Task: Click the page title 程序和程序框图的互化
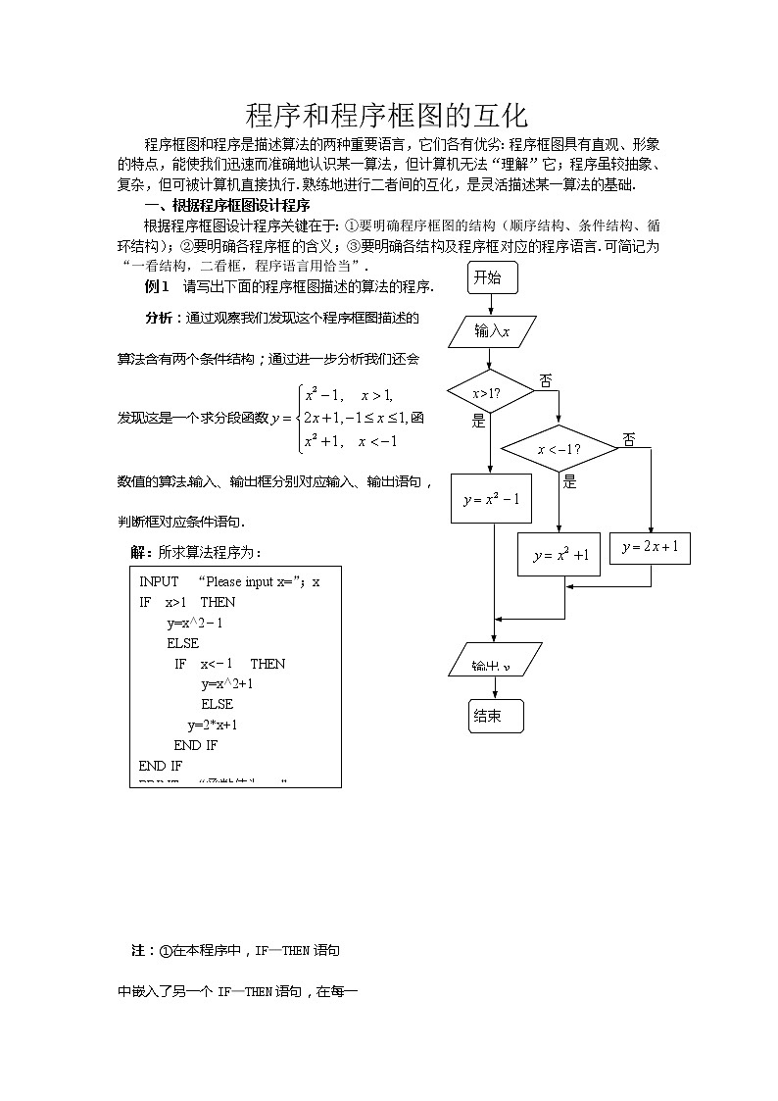pyautogui.click(x=387, y=116)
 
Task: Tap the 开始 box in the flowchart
pyautogui.click(x=487, y=278)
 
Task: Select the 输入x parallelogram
pyautogui.click(x=493, y=331)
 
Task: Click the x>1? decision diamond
pyautogui.click(x=490, y=392)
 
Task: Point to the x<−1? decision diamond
pyautogui.click(x=559, y=449)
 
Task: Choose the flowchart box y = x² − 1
pyautogui.click(x=491, y=500)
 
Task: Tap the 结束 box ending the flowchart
pyautogui.click(x=495, y=717)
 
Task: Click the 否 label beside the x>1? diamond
pyautogui.click(x=545, y=380)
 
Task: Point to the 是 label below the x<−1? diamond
pyautogui.click(x=570, y=482)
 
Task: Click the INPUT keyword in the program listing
pyautogui.click(x=159, y=581)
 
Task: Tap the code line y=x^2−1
pyautogui.click(x=195, y=623)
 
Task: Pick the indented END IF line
pyautogui.click(x=195, y=745)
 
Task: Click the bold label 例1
pyautogui.click(x=157, y=286)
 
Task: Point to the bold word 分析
pyautogui.click(x=159, y=318)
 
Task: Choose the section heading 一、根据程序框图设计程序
pyautogui.click(x=226, y=206)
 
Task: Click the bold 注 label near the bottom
pyautogui.click(x=137, y=951)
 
